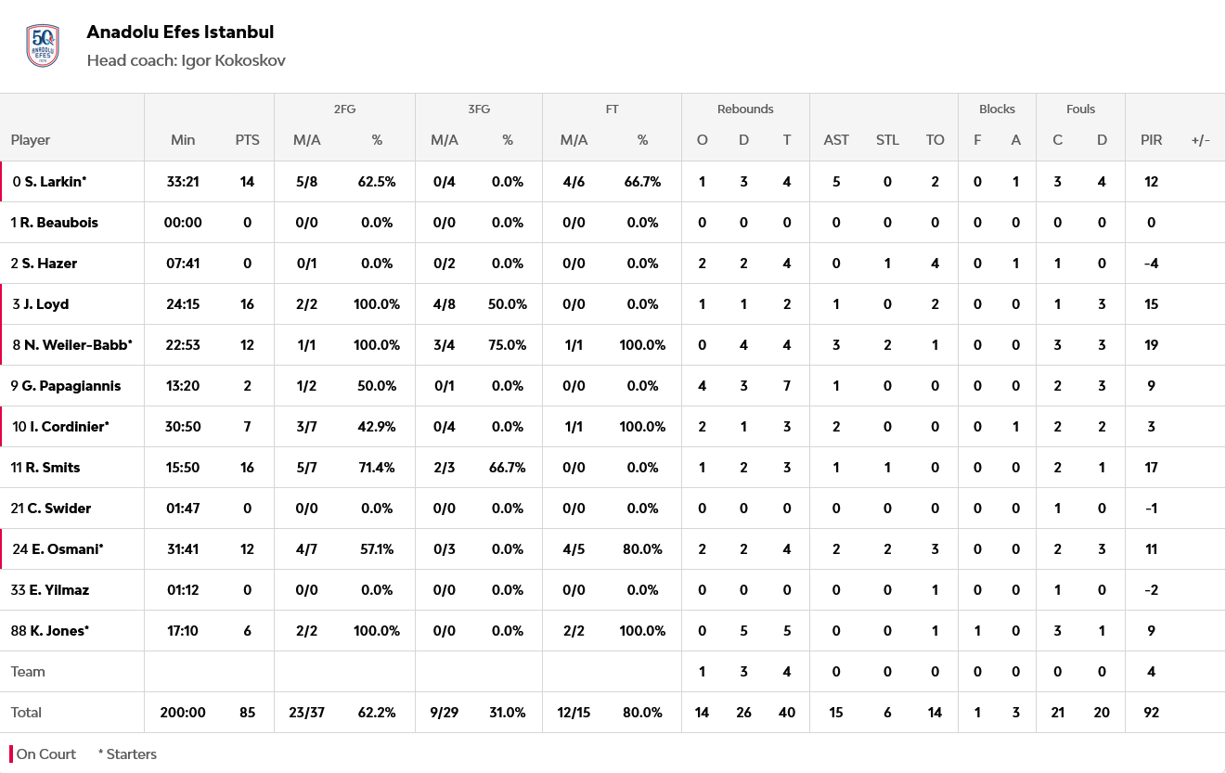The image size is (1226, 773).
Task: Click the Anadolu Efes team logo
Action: pos(43,46)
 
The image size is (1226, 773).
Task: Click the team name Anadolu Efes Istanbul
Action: pos(180,32)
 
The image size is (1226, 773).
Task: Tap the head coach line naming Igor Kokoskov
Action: pos(186,60)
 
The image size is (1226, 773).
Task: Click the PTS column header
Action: pos(247,140)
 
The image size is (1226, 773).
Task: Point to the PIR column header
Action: pos(1151,140)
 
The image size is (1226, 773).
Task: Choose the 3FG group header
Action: pos(478,109)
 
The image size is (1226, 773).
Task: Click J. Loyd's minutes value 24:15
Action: pos(183,304)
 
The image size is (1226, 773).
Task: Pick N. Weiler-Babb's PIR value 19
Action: pos(1151,345)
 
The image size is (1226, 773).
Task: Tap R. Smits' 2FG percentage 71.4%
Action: pos(377,468)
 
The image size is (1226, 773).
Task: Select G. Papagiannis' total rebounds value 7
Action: pos(787,386)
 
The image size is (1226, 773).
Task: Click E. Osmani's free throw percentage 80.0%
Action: pos(642,549)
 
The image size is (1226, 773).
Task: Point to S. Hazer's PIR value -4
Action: pos(1151,264)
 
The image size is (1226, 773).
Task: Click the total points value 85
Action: pos(247,713)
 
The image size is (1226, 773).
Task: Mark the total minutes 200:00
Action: pos(183,713)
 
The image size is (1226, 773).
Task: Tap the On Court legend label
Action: pos(45,754)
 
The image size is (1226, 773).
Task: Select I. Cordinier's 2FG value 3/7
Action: pos(305,427)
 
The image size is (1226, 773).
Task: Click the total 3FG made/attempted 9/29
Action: pos(445,713)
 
